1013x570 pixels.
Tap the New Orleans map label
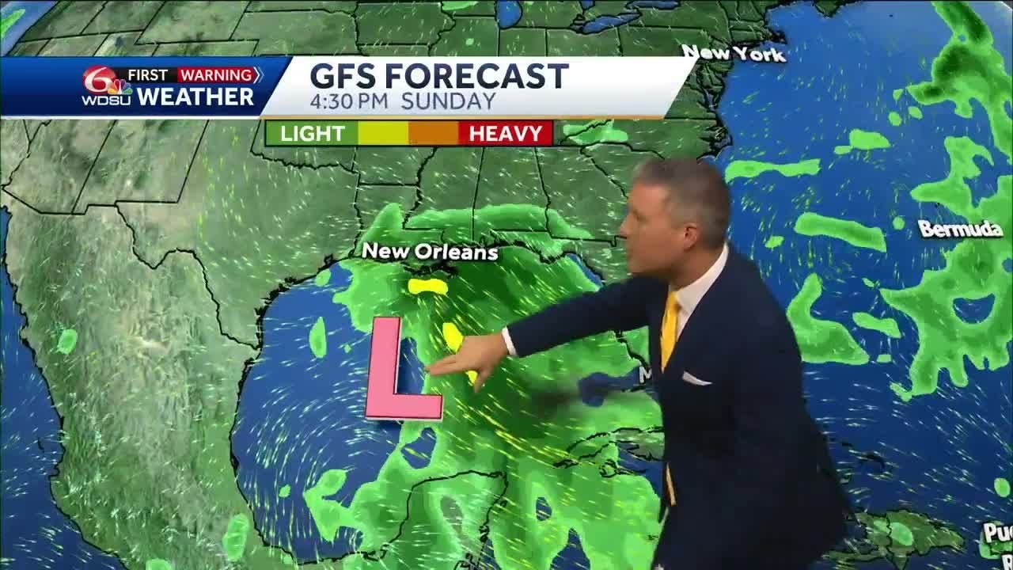(x=430, y=252)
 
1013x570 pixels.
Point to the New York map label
(x=734, y=53)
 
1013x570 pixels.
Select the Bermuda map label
(x=960, y=230)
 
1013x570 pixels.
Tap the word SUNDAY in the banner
(x=448, y=101)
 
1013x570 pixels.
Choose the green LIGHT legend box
(x=312, y=133)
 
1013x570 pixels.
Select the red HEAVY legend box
(x=506, y=133)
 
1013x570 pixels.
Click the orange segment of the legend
(x=433, y=133)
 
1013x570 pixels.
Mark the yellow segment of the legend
(x=383, y=133)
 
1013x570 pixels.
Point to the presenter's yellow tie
(x=671, y=325)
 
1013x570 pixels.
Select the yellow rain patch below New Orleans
(x=427, y=286)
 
